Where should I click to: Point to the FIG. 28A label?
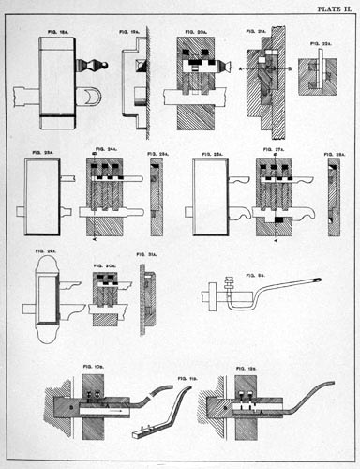click(x=335, y=151)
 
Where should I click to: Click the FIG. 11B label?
click(x=187, y=376)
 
